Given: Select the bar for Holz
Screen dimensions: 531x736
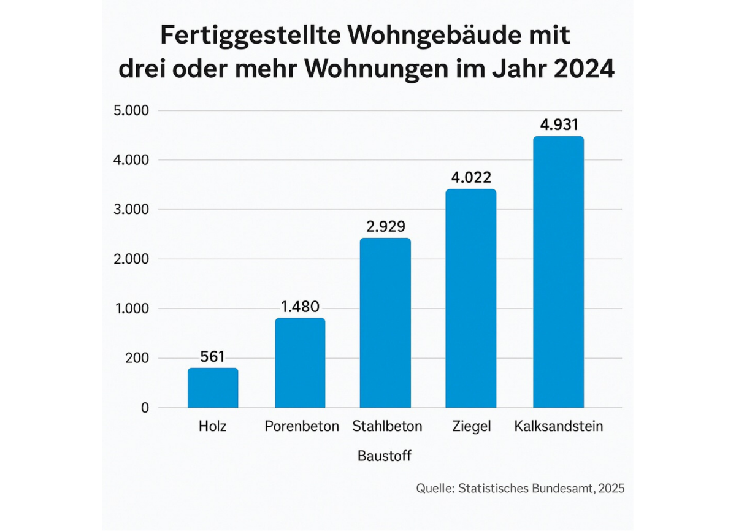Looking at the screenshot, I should [213, 388].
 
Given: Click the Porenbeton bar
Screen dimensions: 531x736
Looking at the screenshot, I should [300, 362].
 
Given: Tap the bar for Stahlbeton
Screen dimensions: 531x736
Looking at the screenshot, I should [385, 323].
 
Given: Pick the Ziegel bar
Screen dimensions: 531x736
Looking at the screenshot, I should [471, 298].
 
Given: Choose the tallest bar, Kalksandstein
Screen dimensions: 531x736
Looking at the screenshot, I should [558, 272].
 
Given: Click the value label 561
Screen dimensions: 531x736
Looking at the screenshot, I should [213, 356].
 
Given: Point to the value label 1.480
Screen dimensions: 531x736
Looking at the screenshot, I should [300, 306].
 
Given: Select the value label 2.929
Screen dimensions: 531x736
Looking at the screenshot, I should [385, 226].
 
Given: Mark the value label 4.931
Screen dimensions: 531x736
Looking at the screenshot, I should [558, 124].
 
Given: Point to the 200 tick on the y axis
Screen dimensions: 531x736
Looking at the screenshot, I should [136, 358].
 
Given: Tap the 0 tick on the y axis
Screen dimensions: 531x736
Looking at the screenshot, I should [145, 408].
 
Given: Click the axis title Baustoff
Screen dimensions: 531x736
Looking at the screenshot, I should [384, 456].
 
